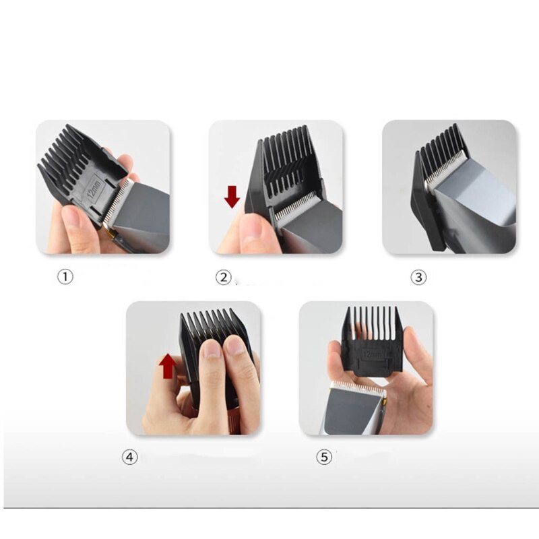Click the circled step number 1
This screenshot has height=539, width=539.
tap(64, 277)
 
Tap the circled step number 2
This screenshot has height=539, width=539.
tap(223, 277)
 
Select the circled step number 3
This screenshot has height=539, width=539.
tap(418, 277)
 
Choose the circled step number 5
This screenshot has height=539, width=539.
tap(324, 457)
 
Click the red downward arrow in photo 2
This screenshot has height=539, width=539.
tap(232, 197)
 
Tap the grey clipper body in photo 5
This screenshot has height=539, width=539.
tap(350, 411)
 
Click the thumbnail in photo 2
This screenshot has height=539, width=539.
tap(251, 229)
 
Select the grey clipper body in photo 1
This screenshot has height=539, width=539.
tap(145, 216)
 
